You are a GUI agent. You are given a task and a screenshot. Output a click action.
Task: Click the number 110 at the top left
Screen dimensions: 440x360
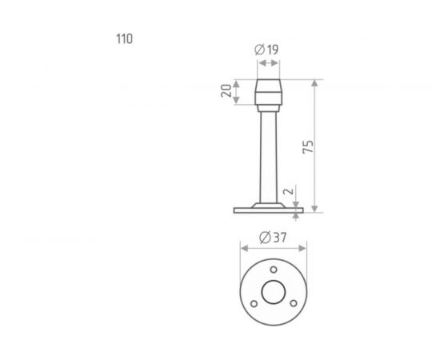(124, 39)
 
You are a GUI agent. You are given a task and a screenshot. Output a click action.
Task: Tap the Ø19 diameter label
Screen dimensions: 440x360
(266, 50)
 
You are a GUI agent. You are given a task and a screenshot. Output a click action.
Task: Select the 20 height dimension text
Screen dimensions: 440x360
(226, 90)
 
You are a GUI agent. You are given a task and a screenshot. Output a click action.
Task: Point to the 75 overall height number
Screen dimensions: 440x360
(308, 146)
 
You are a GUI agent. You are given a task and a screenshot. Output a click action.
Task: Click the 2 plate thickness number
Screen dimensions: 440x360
(289, 191)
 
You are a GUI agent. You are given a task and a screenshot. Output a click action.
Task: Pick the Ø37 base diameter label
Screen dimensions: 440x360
(273, 238)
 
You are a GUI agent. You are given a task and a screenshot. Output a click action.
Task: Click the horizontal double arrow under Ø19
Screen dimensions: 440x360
(269, 63)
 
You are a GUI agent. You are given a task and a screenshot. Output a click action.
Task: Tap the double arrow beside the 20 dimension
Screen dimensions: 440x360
(236, 92)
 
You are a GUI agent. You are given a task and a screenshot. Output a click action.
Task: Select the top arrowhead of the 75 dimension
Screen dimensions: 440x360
(314, 83)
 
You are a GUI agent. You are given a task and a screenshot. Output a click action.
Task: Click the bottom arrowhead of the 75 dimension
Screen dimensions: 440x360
(314, 209)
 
